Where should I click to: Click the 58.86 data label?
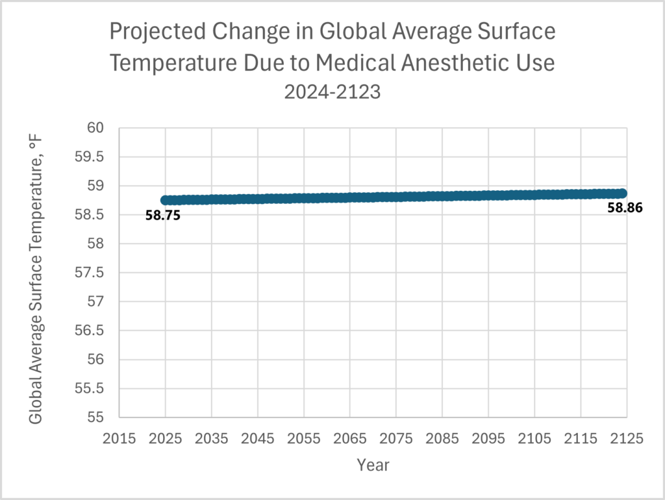(625, 208)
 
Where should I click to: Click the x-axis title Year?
(373, 465)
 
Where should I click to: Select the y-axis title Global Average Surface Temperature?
(36, 273)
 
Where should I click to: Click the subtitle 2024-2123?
(332, 92)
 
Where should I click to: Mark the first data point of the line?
(166, 201)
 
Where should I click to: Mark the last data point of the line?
(621, 193)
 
